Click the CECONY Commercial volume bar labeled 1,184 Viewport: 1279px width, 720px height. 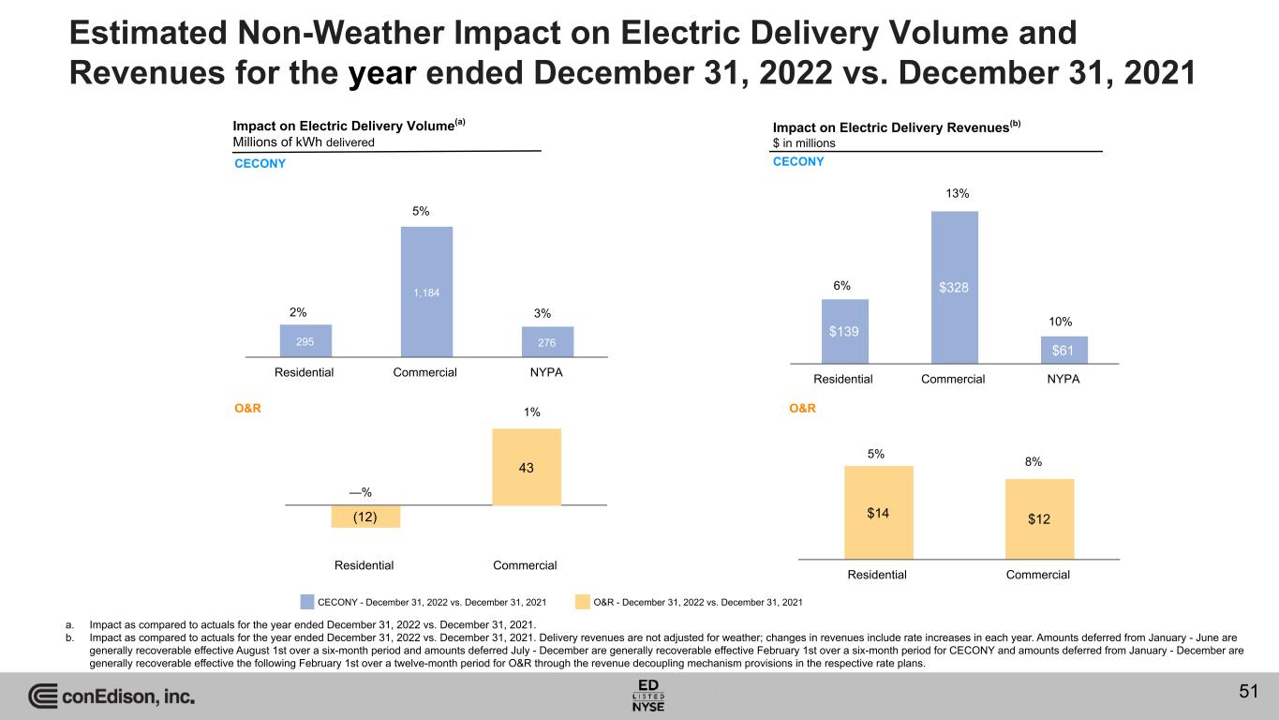[x=426, y=292]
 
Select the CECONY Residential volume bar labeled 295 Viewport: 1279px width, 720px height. [x=305, y=340]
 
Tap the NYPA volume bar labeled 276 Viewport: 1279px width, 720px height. [x=547, y=341]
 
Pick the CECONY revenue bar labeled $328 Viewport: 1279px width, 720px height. [x=954, y=286]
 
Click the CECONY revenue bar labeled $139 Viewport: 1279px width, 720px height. [x=844, y=330]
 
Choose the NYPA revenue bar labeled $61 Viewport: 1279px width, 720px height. [x=1063, y=349]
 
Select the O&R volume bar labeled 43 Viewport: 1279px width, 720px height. [x=526, y=467]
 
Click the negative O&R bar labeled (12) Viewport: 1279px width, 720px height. [x=365, y=517]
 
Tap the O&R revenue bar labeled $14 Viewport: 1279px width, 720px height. [x=878, y=512]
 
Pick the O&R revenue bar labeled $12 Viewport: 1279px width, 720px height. [x=1039, y=518]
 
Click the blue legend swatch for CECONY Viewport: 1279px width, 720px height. [x=307, y=601]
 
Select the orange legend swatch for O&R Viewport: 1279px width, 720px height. [x=583, y=601]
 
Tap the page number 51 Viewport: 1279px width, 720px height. [x=1247, y=692]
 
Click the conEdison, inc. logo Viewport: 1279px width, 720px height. [x=112, y=697]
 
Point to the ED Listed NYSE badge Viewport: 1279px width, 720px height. [x=648, y=695]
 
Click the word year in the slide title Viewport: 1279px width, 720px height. [x=383, y=72]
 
